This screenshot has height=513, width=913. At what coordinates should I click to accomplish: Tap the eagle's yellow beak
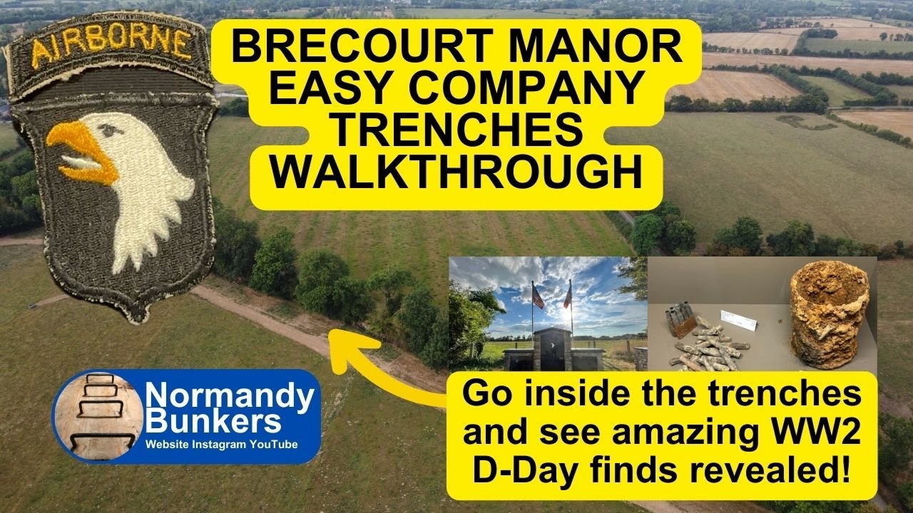pos(80,151)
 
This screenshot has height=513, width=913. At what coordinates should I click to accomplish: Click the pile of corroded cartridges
pos(706,346)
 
